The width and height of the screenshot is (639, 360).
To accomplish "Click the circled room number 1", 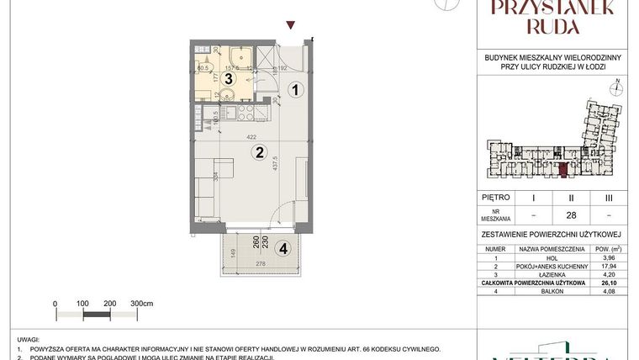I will pyautogui.click(x=294, y=89).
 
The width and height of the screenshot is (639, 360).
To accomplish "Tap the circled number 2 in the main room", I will pyautogui.click(x=261, y=152).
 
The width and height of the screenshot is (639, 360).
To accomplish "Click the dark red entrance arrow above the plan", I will pyautogui.click(x=291, y=26).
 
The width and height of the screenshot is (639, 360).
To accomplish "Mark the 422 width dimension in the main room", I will pyautogui.click(x=251, y=137).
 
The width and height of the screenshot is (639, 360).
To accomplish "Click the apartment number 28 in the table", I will pyautogui.click(x=572, y=215).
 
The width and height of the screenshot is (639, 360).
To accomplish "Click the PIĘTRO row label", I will pyautogui.click(x=497, y=198).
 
